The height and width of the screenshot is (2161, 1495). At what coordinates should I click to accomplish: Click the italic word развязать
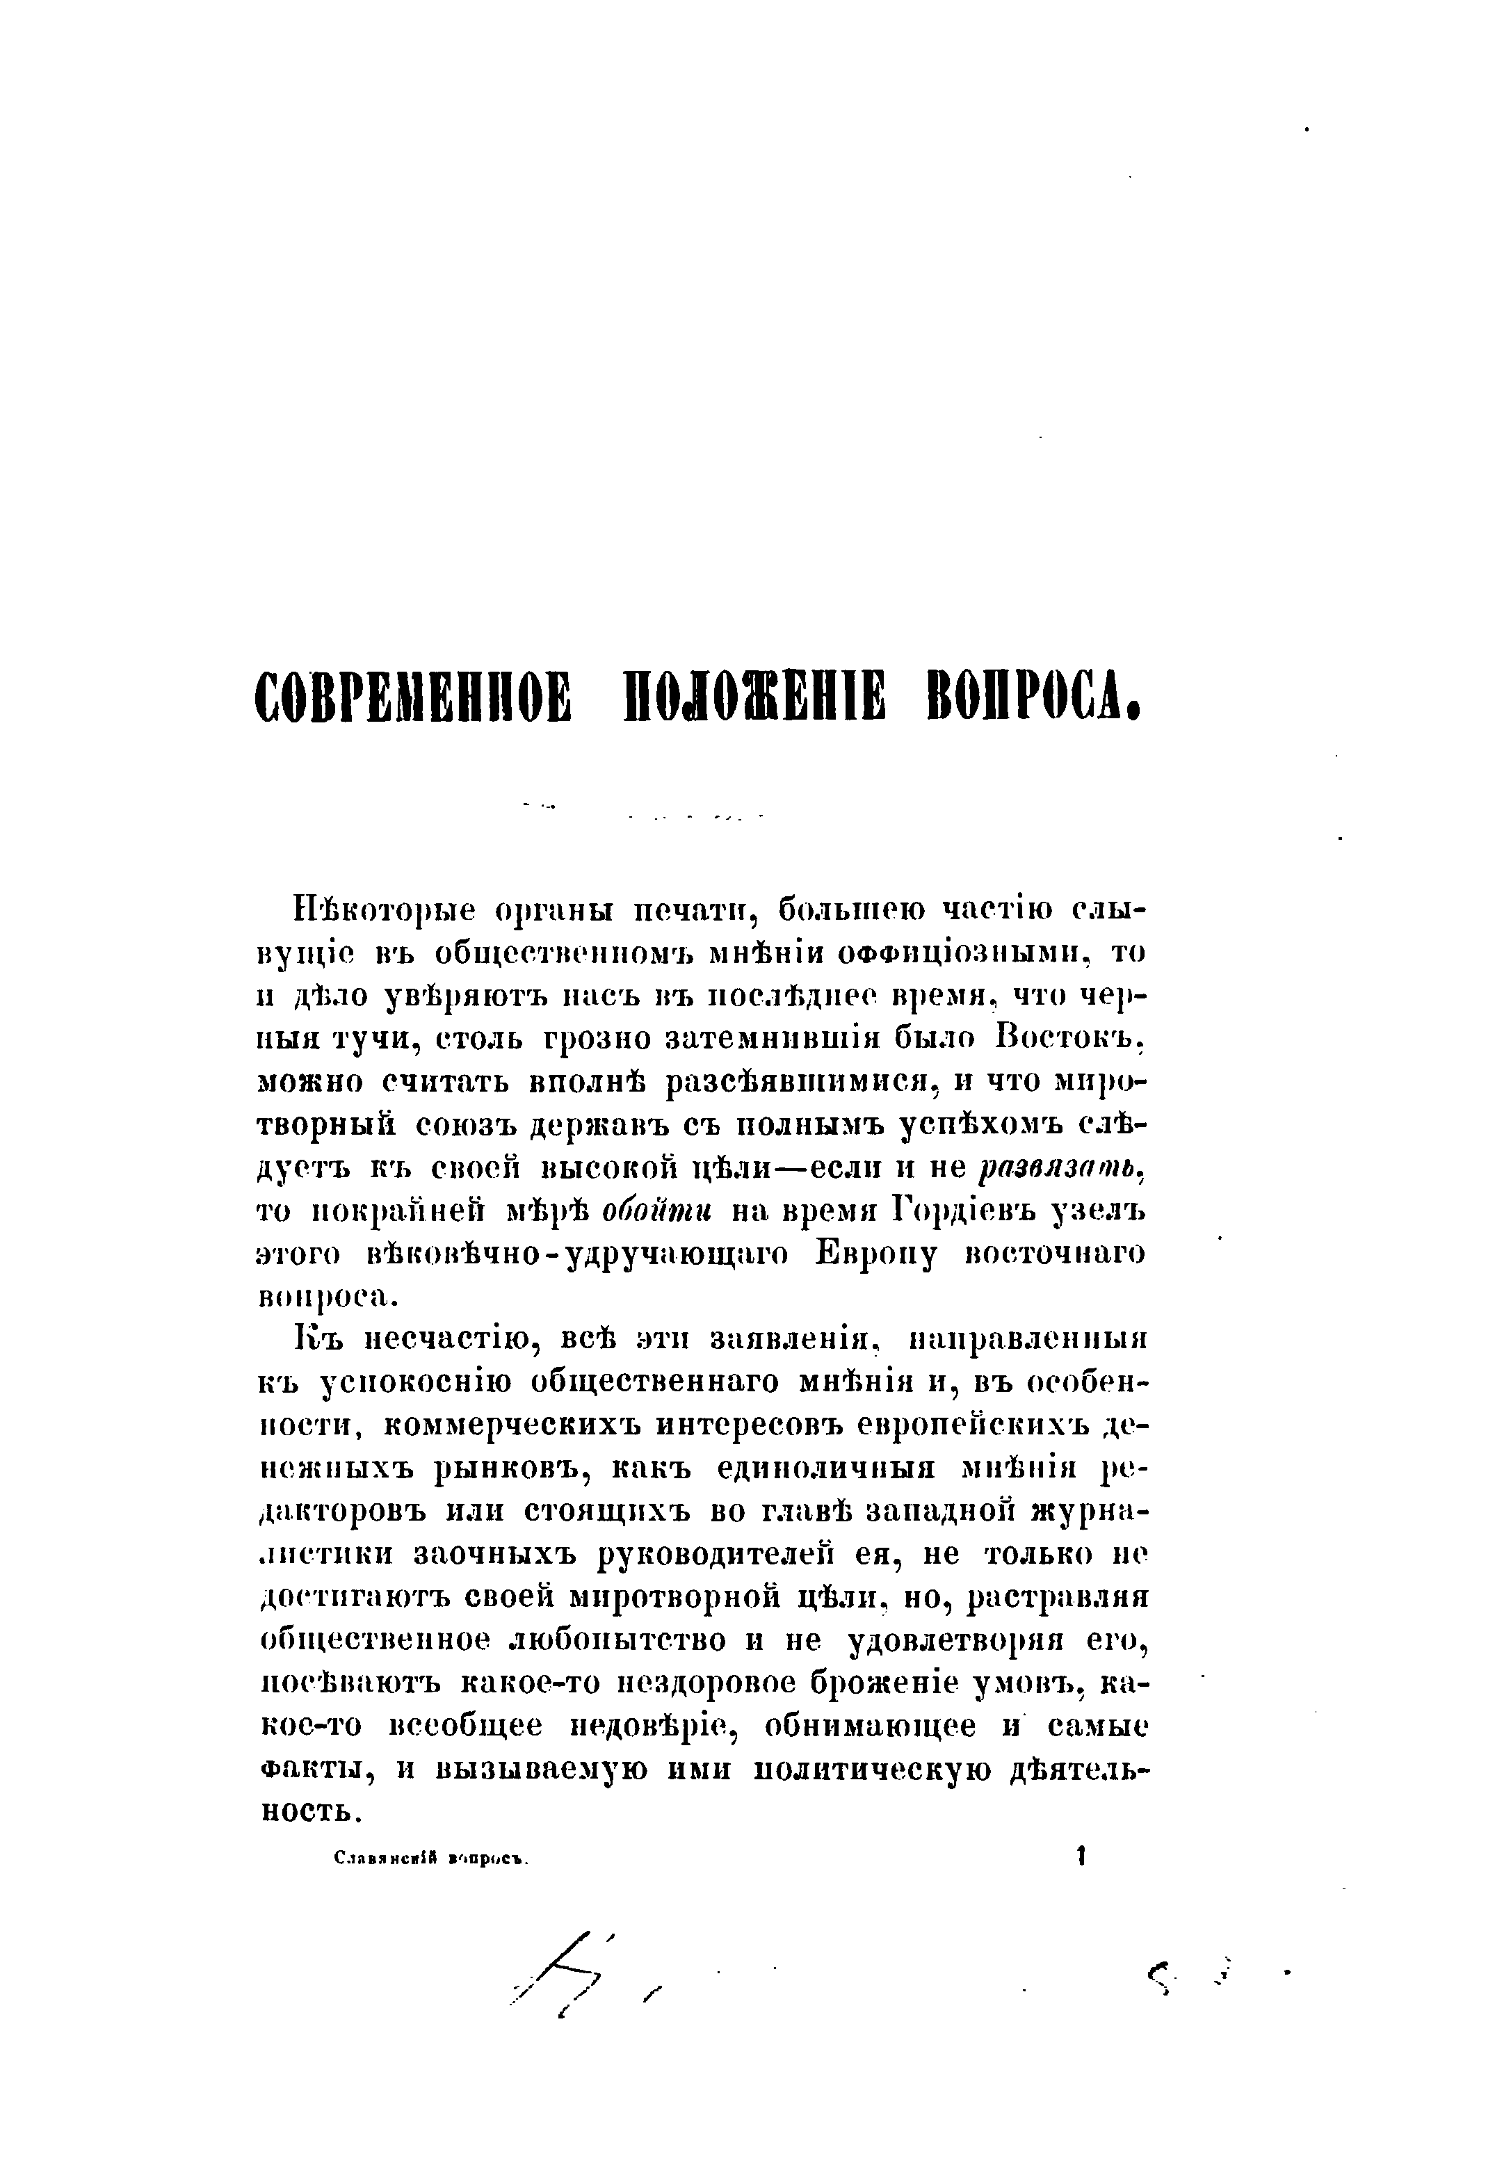pos(1061,1168)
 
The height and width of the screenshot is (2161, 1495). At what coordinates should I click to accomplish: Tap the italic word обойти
pos(658,1211)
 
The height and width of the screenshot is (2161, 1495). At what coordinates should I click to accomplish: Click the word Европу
pos(876,1254)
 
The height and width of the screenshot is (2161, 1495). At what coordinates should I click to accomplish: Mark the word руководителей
pos(715,1555)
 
